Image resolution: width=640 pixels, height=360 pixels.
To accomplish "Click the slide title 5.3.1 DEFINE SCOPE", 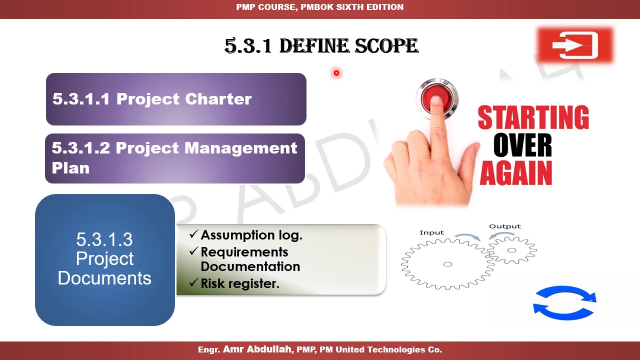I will pyautogui.click(x=321, y=46).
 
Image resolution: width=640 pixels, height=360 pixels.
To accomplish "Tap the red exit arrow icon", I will pyautogui.click(x=575, y=45).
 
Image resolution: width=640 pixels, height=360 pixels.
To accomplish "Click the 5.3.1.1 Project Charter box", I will pyautogui.click(x=176, y=99).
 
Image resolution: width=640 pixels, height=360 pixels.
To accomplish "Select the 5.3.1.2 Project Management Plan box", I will pyautogui.click(x=175, y=158).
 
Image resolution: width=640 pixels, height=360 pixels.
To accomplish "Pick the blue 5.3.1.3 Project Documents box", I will pyautogui.click(x=105, y=259).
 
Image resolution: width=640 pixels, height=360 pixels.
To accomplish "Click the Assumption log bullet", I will pyautogui.click(x=251, y=235).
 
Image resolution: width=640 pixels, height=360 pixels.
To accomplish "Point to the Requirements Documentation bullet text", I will pyautogui.click(x=250, y=259).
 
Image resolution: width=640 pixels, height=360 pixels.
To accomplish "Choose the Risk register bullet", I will pyautogui.click(x=239, y=283).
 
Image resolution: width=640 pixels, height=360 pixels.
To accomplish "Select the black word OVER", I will pyautogui.click(x=522, y=146).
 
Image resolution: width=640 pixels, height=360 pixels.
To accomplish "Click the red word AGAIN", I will pyautogui.click(x=515, y=173).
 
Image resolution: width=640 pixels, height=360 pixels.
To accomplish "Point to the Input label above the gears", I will pyautogui.click(x=431, y=232).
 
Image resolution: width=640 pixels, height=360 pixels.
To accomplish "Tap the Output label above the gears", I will pyautogui.click(x=504, y=226).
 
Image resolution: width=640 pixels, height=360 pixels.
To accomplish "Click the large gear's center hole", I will pyautogui.click(x=447, y=264).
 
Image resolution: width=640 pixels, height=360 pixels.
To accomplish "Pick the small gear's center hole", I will pyautogui.click(x=511, y=250).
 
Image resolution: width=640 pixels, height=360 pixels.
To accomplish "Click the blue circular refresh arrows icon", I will pyautogui.click(x=564, y=302).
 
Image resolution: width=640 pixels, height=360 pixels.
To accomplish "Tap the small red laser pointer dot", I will pyautogui.click(x=336, y=73).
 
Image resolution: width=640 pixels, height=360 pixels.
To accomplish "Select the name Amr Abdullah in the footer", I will pyautogui.click(x=258, y=349).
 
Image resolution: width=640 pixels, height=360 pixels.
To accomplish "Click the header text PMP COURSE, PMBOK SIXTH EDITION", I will pyautogui.click(x=320, y=7).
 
